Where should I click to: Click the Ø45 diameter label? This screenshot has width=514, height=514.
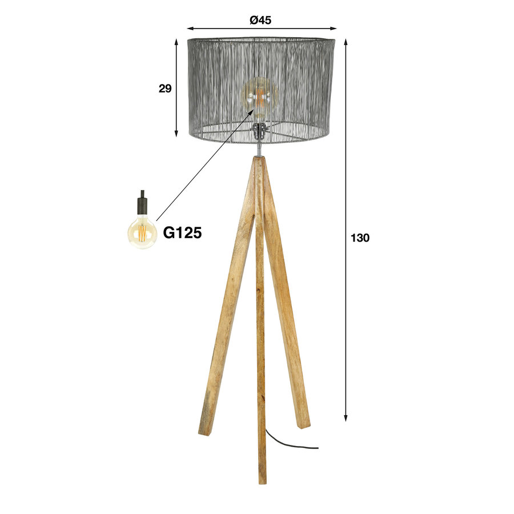pyautogui.click(x=260, y=19)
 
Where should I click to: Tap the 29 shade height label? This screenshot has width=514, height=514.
pyautogui.click(x=165, y=88)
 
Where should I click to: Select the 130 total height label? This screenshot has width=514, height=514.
pyautogui.click(x=360, y=238)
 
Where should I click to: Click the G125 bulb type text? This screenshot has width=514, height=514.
pyautogui.click(x=182, y=232)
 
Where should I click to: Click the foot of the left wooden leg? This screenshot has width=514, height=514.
pyautogui.click(x=206, y=428)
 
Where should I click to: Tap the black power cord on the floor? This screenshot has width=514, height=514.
pyautogui.click(x=286, y=445)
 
